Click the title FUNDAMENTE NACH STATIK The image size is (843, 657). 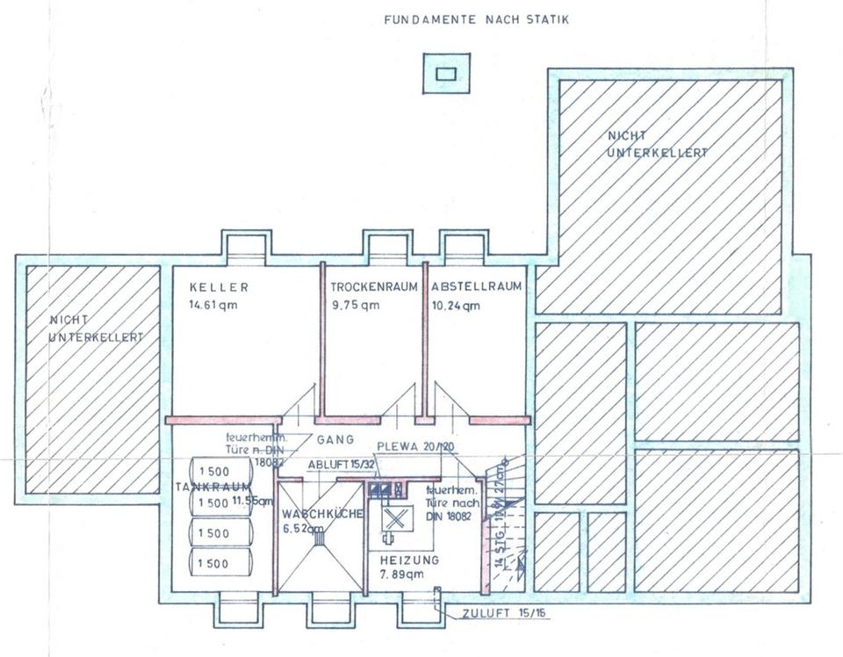pyautogui.click(x=476, y=18)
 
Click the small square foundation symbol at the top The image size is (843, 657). pyautogui.click(x=445, y=74)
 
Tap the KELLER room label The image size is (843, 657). pyautogui.click(x=219, y=287)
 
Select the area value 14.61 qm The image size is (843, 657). pyautogui.click(x=213, y=306)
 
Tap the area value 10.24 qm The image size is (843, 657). pyautogui.click(x=456, y=306)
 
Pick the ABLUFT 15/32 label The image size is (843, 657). pyautogui.click(x=341, y=464)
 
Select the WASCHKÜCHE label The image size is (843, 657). pyautogui.click(x=322, y=515)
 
